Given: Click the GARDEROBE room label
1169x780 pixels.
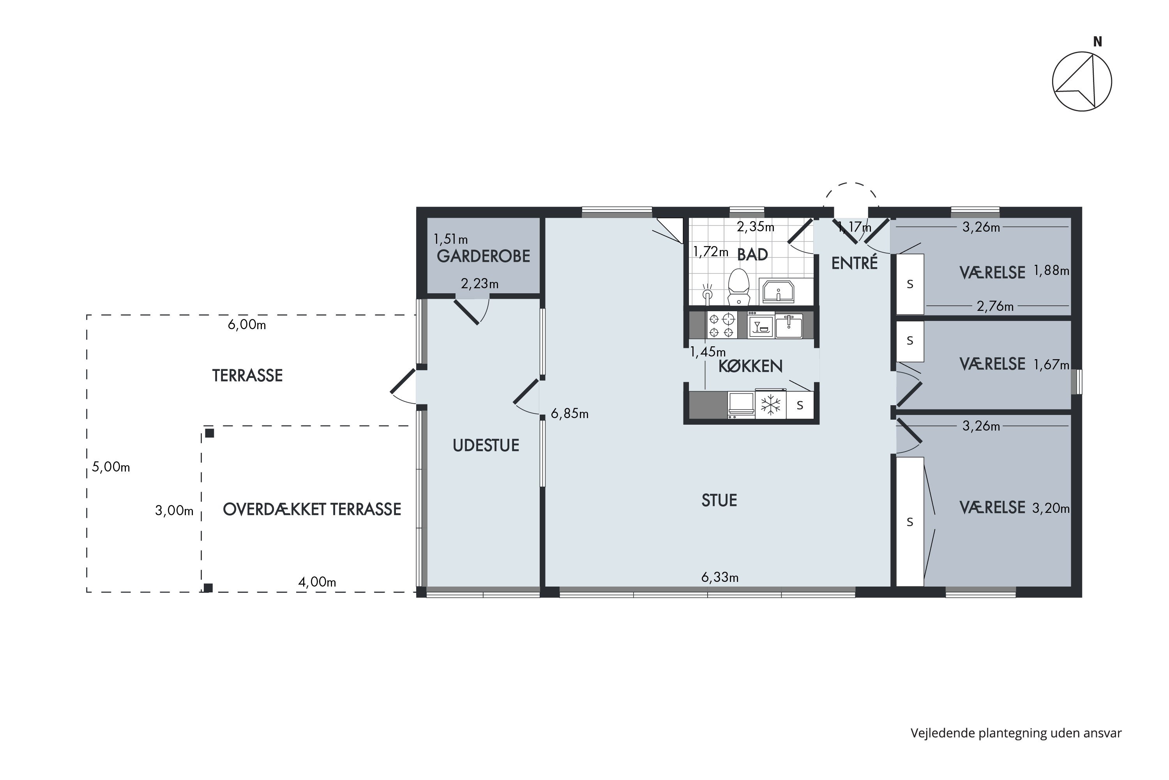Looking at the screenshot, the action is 483,256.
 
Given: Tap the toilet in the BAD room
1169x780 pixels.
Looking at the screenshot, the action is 738,287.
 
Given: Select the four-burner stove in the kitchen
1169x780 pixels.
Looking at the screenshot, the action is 722,325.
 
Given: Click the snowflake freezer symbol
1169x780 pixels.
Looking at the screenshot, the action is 770,405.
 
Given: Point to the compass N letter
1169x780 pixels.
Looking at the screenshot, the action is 1097,42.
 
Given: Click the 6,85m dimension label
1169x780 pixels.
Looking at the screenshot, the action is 570,414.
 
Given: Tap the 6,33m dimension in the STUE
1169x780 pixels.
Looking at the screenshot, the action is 720,578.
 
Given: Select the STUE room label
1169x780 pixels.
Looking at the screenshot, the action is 719,500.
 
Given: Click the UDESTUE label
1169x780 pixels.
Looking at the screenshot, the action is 486,446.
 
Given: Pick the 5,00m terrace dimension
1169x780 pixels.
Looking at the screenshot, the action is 111,467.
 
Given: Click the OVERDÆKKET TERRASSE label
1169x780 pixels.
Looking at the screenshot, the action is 312,510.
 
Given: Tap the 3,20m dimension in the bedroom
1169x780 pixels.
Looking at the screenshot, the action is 1051,509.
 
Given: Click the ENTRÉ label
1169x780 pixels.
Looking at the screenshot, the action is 855,263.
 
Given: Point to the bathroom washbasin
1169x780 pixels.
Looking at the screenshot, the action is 778,291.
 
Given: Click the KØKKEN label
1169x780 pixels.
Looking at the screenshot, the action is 750,367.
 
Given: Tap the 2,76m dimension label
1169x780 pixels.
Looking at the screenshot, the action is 995,307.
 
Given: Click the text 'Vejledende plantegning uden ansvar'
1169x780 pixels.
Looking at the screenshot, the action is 1016,733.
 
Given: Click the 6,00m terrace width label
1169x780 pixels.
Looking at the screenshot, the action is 247,325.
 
